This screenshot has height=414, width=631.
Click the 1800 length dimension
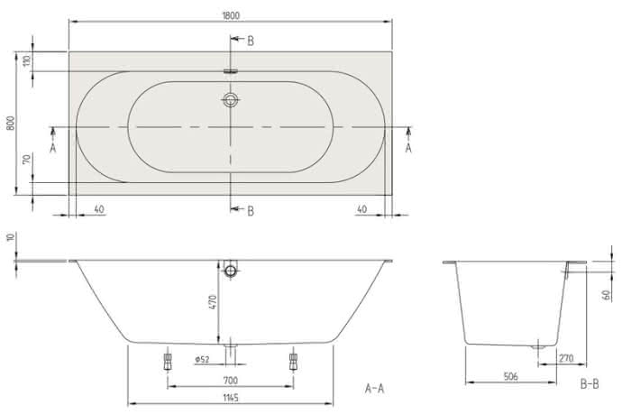coord(231,15)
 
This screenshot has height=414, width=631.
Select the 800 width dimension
coord(11,123)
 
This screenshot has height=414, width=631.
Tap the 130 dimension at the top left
coord(27,61)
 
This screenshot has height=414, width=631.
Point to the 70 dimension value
coord(27,159)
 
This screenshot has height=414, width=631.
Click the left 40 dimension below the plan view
coord(99,209)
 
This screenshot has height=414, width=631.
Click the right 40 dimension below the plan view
coord(361,209)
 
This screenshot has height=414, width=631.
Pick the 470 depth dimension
coord(213,302)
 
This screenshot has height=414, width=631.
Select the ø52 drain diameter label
coord(203,359)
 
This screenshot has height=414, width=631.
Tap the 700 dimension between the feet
coord(230,380)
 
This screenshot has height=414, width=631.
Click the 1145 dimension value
coord(231,398)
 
